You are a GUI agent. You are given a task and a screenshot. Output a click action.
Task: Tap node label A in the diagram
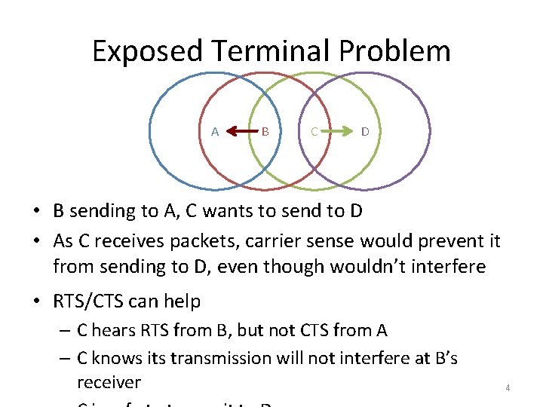(215, 132)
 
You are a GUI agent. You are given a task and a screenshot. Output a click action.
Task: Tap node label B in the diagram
(265, 132)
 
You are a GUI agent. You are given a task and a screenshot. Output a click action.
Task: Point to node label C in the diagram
(314, 132)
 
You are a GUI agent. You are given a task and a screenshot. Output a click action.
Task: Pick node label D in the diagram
(365, 132)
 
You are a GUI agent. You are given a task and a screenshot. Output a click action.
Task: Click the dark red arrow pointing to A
(241, 132)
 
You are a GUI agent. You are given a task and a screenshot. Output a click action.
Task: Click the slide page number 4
(508, 388)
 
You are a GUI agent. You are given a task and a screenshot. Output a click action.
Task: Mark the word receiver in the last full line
(109, 382)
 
